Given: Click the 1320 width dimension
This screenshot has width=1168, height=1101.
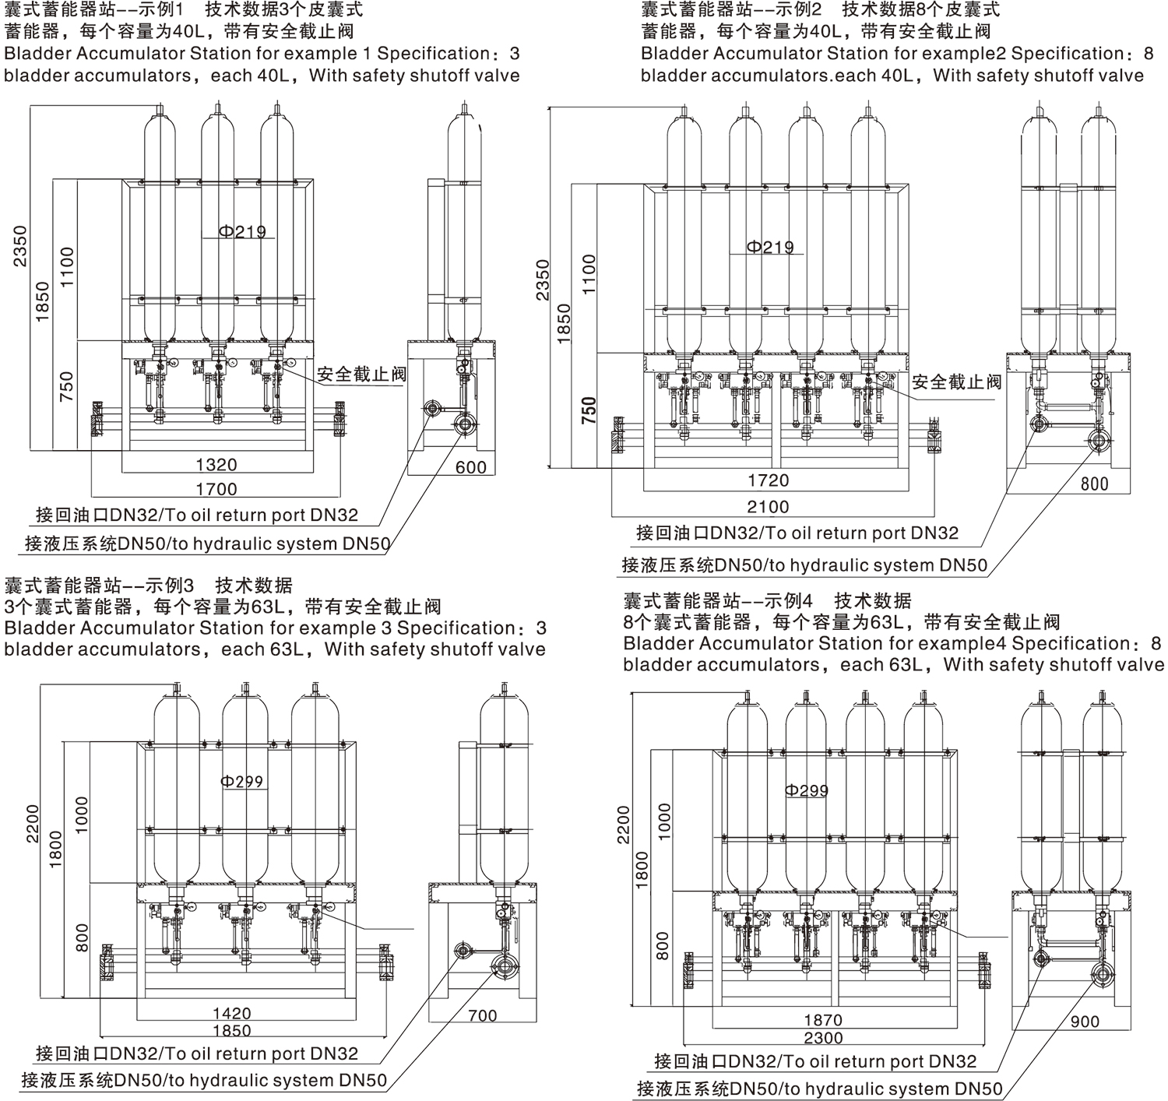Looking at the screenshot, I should (216, 465).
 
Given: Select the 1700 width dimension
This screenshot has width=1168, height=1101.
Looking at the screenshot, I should (216, 489).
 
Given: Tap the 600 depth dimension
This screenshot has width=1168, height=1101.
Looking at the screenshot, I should (470, 467).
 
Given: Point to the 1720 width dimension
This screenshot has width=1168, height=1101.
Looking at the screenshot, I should (768, 480).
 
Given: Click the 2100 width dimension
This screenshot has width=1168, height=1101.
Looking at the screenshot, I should (768, 507).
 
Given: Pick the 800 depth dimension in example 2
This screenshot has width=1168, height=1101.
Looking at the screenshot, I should (1094, 484).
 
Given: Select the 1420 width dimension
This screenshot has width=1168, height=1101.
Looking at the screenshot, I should (232, 1013).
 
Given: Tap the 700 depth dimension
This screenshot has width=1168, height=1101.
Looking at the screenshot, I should (483, 1015).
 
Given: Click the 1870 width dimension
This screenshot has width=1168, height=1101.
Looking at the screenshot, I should (823, 1020).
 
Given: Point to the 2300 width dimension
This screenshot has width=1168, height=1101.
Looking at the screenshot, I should (823, 1038).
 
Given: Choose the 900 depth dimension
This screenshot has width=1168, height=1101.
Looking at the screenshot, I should (1085, 1022).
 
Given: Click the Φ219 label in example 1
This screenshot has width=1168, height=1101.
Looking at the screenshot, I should (241, 231).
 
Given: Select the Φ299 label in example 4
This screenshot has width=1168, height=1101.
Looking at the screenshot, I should (807, 790).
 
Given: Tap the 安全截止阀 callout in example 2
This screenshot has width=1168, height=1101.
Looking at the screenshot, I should (956, 382).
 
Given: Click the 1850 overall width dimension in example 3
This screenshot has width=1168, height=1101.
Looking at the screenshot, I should (232, 1031).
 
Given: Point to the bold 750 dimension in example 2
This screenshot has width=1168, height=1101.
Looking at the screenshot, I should (589, 410).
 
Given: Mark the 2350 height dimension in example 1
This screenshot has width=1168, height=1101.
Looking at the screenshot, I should (19, 245).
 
